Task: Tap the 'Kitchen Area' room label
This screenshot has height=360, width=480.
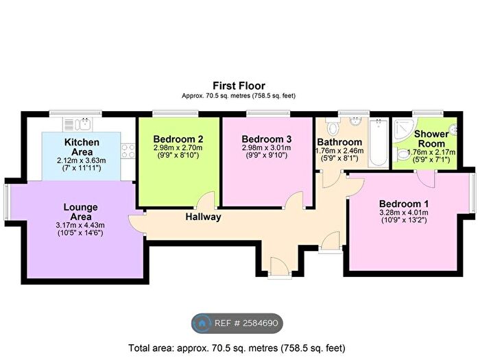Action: (x=82, y=147)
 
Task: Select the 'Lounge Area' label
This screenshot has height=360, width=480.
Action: (x=80, y=211)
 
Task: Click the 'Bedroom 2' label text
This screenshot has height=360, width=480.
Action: (x=179, y=136)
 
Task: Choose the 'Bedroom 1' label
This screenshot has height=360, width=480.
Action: (x=405, y=204)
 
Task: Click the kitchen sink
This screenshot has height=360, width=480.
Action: (x=81, y=123)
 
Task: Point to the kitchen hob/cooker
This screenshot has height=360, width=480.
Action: (x=128, y=151)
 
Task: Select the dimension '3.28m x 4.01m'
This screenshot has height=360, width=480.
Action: (x=405, y=213)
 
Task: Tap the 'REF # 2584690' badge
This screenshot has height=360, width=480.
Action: (x=237, y=323)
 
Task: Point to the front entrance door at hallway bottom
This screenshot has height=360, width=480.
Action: (x=278, y=267)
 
